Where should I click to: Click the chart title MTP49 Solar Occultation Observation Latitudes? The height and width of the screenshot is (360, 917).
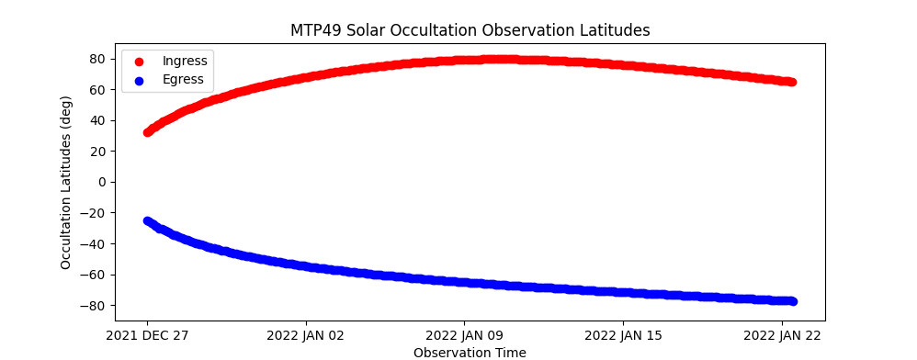[x=470, y=30]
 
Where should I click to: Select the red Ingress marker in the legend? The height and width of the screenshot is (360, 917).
[x=139, y=62]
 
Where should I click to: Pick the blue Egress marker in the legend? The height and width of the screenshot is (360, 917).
[x=139, y=81]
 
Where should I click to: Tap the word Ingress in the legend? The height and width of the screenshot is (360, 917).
[x=185, y=61]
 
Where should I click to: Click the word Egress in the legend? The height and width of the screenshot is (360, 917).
[x=183, y=80]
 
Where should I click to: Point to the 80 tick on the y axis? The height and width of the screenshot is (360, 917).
[x=97, y=59]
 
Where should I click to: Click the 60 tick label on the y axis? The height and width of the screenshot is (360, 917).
[x=97, y=90]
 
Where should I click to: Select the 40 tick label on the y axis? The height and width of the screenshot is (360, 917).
[x=97, y=121]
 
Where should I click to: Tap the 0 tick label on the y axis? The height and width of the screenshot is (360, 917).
[x=102, y=183]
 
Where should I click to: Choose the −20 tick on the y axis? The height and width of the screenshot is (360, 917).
[x=93, y=213]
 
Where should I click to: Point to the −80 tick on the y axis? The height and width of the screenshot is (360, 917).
[x=93, y=306]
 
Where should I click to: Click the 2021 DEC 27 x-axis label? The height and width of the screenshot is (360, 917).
[x=147, y=336]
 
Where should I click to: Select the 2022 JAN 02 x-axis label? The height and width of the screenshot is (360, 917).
[x=306, y=336]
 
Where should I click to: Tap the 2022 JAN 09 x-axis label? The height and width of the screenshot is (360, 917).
[x=465, y=336]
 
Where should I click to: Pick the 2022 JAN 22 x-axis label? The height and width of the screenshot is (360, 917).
[x=782, y=336]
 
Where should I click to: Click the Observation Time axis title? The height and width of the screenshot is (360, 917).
[x=470, y=353]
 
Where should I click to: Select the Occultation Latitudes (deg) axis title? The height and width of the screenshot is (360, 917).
[x=65, y=183]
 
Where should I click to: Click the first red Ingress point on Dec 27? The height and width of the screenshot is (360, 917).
[x=147, y=132]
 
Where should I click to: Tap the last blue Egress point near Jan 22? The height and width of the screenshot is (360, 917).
[x=792, y=301]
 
